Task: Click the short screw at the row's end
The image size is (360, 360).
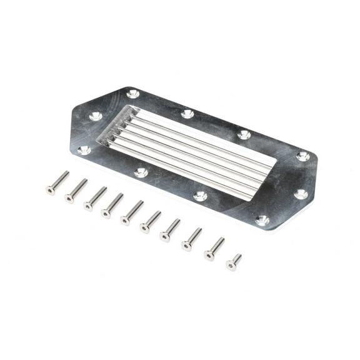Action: click(234, 262)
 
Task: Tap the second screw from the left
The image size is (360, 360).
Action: click(76, 191)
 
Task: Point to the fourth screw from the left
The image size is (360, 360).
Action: click(113, 206)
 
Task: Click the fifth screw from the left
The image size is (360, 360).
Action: click(132, 212)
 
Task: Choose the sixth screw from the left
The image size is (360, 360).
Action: click(151, 221)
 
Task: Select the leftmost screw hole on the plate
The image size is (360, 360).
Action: click(83, 149)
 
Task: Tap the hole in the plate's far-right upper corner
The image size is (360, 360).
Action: click(303, 156)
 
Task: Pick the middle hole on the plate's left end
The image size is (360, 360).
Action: click(96, 116)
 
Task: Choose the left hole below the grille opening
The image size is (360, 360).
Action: click(141, 172)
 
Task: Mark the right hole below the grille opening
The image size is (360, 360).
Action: click(200, 196)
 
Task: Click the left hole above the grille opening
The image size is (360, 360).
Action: click(187, 114)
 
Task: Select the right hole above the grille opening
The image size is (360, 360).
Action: click(244, 134)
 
